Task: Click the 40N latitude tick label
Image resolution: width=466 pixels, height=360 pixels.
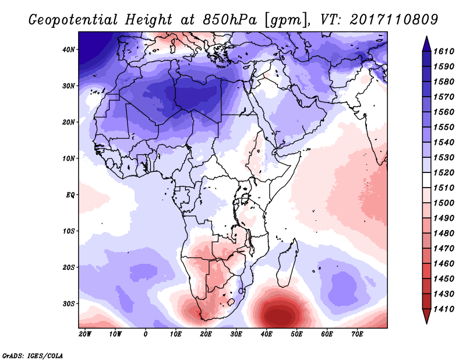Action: click(69, 50)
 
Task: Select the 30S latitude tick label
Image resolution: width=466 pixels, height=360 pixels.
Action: click(69, 303)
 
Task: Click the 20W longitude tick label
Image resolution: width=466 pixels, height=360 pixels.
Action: click(85, 334)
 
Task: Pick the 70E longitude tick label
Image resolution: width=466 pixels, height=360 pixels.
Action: click(358, 334)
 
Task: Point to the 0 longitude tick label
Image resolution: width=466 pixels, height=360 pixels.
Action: click(146, 334)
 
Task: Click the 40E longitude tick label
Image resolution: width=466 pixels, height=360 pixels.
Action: click(267, 334)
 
